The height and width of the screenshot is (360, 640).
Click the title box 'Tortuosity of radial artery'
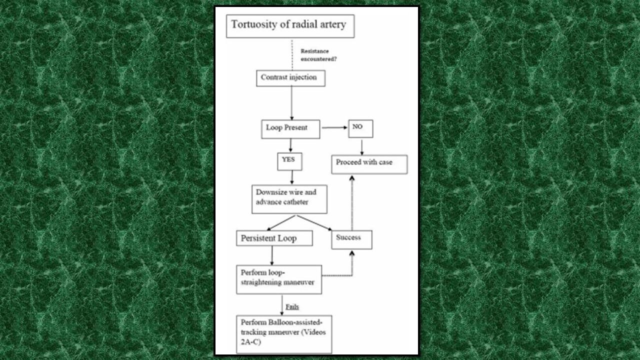(x=290, y=26)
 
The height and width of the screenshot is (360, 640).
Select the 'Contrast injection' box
(x=290, y=78)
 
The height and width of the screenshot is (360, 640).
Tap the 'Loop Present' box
(x=290, y=128)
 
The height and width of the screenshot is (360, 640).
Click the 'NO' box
(x=360, y=128)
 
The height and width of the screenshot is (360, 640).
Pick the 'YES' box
(x=289, y=161)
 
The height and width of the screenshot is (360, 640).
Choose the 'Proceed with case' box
(x=369, y=164)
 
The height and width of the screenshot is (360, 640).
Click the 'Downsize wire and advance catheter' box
(x=289, y=199)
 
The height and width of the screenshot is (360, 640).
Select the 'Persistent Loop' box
(x=274, y=238)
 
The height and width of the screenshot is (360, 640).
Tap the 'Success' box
(x=351, y=239)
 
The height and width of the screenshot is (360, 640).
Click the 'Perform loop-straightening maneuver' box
(x=278, y=279)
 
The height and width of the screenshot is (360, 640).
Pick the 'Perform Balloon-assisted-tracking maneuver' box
(x=283, y=334)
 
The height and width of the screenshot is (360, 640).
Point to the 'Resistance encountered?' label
(x=318, y=54)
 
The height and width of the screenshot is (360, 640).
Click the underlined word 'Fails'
(x=292, y=306)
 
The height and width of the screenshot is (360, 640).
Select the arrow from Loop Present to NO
(x=334, y=128)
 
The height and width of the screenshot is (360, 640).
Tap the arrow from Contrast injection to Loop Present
(x=291, y=102)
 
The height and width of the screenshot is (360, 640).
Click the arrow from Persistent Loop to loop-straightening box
(x=272, y=255)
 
